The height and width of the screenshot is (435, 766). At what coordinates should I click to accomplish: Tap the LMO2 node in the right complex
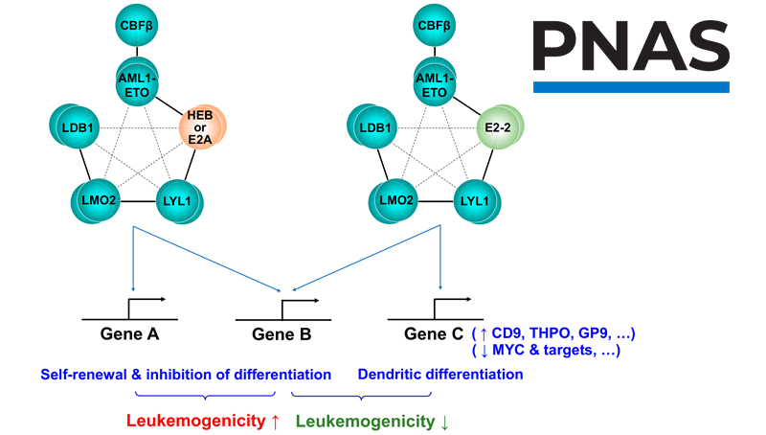click(393, 201)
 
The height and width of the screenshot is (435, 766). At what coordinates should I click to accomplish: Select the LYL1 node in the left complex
click(179, 201)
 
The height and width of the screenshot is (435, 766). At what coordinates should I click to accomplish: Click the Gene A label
click(129, 334)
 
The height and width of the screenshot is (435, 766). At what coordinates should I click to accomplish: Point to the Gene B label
click(282, 334)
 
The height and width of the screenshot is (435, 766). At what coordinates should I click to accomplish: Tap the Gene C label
click(435, 334)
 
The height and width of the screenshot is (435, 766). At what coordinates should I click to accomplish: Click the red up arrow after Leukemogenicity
click(275, 421)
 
